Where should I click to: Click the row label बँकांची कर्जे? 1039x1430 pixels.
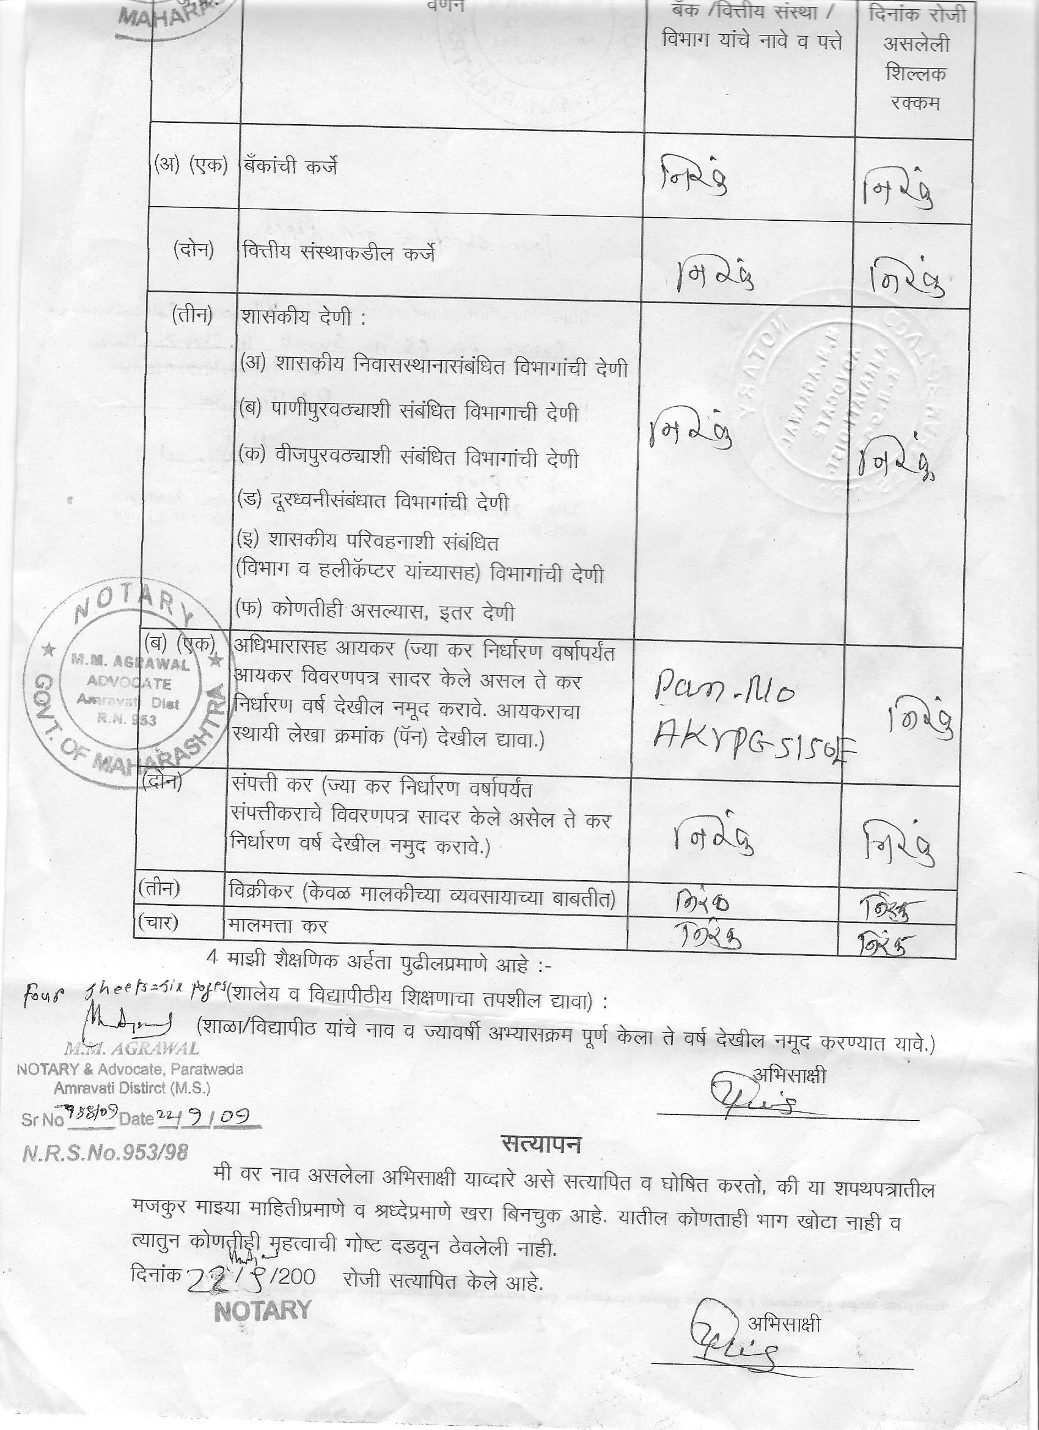point(290,166)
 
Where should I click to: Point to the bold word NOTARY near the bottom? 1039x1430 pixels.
point(262,1310)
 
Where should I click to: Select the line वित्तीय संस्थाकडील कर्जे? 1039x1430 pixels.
point(339,253)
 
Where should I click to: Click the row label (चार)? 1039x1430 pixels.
point(158,923)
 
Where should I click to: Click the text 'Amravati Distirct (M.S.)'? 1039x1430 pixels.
point(131,1087)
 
